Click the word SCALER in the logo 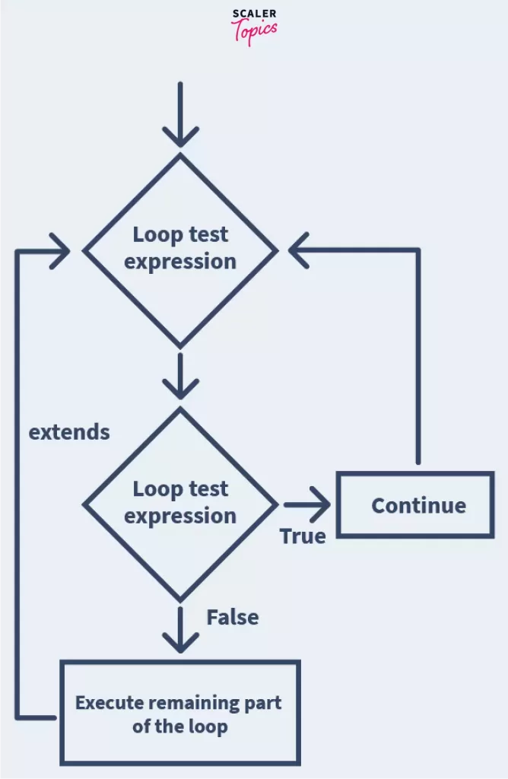[255, 14]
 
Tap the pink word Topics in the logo [255, 30]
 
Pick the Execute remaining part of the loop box [180, 713]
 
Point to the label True [303, 536]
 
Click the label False [233, 617]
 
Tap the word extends [69, 432]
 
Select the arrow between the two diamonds [180, 377]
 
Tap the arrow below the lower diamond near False [180, 631]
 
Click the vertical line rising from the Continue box [418, 358]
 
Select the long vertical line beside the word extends [17, 487]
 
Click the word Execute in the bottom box [106, 702]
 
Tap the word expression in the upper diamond [180, 262]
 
